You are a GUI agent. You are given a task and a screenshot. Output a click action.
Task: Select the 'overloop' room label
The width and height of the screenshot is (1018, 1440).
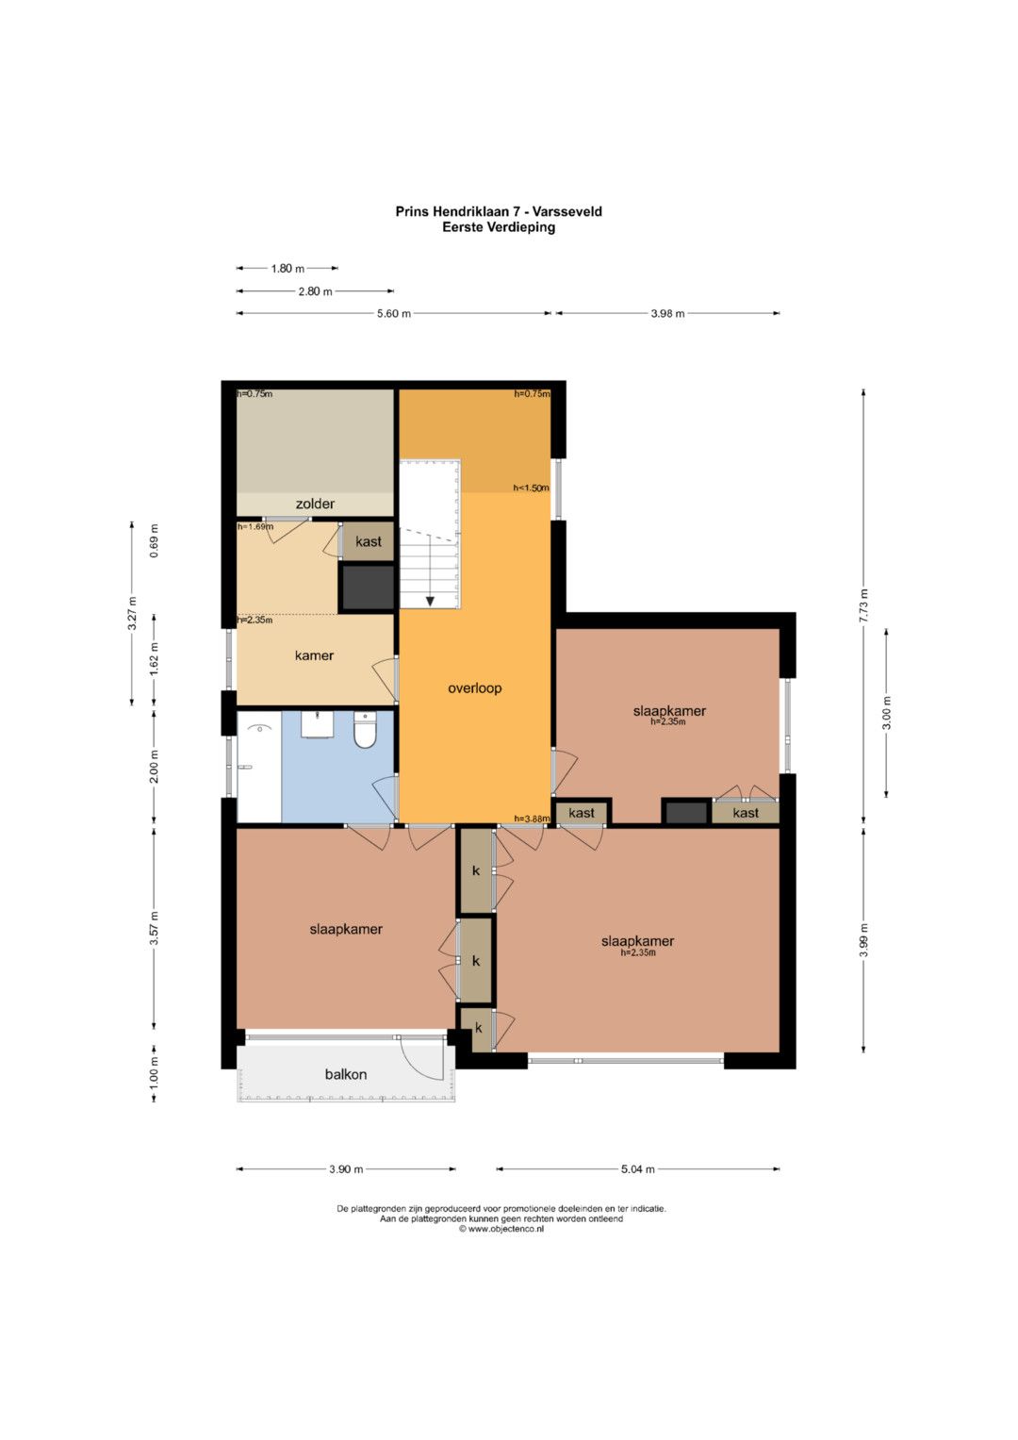pos(474,688)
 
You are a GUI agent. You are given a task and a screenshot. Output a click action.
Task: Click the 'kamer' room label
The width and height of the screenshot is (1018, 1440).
pos(314,655)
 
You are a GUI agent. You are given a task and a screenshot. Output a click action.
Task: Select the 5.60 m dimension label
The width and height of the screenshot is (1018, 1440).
pos(394,314)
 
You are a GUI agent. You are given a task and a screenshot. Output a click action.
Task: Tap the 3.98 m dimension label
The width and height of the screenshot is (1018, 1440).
pos(667,314)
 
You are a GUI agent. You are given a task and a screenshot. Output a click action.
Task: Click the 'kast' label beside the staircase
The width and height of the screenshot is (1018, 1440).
pos(369,542)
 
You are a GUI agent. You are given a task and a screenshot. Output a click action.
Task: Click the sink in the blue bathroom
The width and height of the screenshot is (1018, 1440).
pos(317,724)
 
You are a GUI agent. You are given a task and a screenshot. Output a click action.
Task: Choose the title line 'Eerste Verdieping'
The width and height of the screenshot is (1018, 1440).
pos(499,227)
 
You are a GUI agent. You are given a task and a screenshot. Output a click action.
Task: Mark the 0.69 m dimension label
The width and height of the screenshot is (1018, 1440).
pos(155,541)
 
